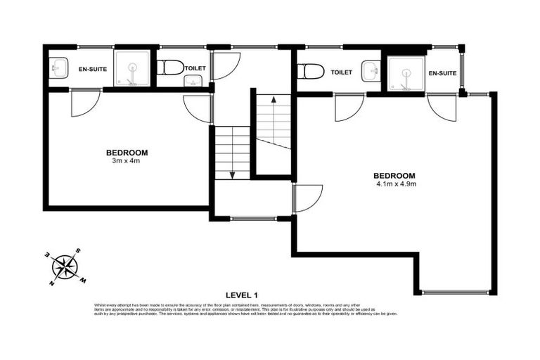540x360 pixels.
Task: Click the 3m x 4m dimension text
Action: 127,162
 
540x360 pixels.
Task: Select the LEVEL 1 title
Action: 243,295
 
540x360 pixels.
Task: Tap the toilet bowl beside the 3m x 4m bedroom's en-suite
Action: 170,67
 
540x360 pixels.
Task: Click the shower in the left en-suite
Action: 131,69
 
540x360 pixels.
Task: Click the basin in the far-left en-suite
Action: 58,69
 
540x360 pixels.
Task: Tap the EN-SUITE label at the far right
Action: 442,73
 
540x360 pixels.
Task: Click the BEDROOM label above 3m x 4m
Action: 127,153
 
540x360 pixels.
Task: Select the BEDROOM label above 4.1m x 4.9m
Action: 394,176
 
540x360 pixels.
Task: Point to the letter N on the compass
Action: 52,283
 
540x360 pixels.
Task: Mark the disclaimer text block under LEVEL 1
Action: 245,309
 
